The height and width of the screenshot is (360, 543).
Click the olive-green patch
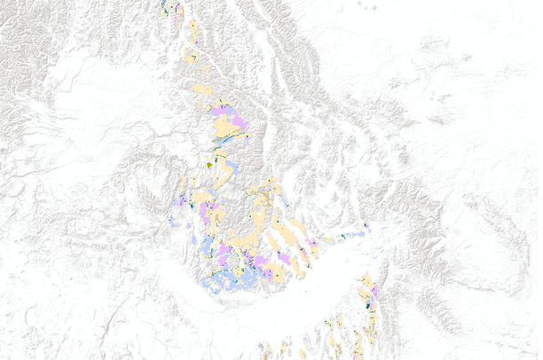click(x=210, y=163)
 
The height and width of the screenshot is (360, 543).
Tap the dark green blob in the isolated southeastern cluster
click(x=368, y=304)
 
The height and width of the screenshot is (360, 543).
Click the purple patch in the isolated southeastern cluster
click(x=374, y=291)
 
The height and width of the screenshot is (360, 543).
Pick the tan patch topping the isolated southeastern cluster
click(x=366, y=283)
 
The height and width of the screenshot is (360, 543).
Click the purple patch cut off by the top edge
click(x=179, y=7)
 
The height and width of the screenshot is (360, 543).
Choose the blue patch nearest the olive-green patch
click(x=229, y=167)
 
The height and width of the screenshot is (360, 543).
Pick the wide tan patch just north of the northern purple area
click(x=202, y=89)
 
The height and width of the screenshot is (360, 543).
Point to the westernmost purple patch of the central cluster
click(x=179, y=202)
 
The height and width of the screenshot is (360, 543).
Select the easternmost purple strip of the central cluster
click(x=312, y=243)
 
